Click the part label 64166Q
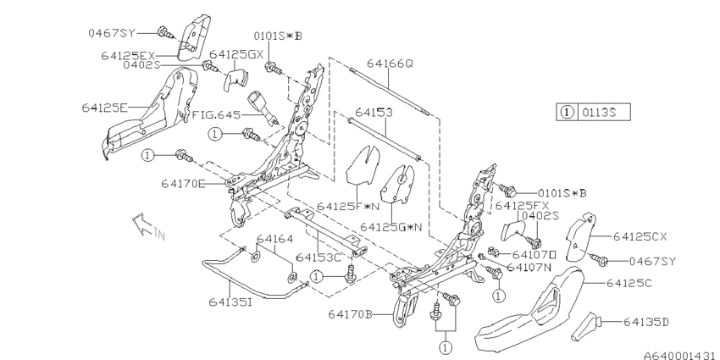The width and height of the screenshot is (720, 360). click(x=390, y=64)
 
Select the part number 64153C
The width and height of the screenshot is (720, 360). click(x=318, y=258)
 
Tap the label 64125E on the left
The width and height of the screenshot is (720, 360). click(x=105, y=108)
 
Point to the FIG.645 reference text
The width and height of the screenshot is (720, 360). click(x=216, y=114)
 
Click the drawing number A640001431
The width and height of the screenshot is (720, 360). click(x=681, y=355)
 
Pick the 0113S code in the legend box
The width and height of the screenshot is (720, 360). click(x=599, y=112)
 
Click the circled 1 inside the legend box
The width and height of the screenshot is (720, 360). click(x=568, y=112)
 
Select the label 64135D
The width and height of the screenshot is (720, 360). click(x=645, y=323)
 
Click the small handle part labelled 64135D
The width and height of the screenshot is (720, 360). click(x=586, y=326)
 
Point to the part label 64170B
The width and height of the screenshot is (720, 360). click(x=350, y=314)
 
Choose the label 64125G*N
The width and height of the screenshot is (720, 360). click(x=390, y=227)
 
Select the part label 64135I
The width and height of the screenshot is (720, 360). click(x=230, y=302)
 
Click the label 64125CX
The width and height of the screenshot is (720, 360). click(x=640, y=237)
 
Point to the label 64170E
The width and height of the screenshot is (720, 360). click(x=183, y=184)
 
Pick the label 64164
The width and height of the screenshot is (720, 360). click(x=274, y=239)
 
